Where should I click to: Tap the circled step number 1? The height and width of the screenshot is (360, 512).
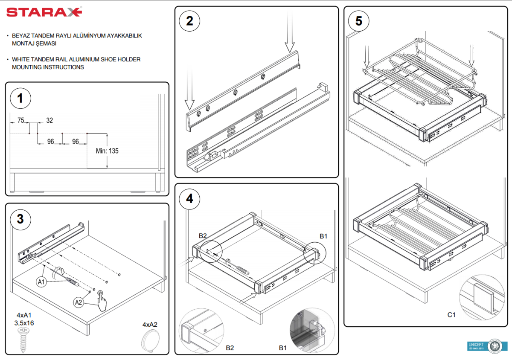pyautogui.click(x=20, y=99)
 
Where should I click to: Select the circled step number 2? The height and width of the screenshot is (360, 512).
pyautogui.click(x=190, y=21)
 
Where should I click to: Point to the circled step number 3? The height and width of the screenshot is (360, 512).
pyautogui.click(x=20, y=219)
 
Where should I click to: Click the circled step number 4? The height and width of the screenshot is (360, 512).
pyautogui.click(x=190, y=199)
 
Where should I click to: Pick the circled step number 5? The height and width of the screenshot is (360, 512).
pyautogui.click(x=359, y=21)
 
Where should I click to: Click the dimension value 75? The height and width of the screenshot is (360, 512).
pyautogui.click(x=20, y=121)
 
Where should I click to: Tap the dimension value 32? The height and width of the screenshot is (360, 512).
pyautogui.click(x=49, y=121)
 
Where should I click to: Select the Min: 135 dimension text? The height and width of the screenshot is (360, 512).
pyautogui.click(x=108, y=151)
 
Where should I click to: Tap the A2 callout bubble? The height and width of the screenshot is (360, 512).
pyautogui.click(x=79, y=302)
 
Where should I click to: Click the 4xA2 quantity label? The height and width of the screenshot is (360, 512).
pyautogui.click(x=150, y=325)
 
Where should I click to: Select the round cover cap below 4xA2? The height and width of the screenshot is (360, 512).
pyautogui.click(x=150, y=343)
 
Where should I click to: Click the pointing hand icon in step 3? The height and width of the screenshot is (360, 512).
pyautogui.click(x=102, y=301)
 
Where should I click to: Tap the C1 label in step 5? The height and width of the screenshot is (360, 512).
pyautogui.click(x=451, y=315)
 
